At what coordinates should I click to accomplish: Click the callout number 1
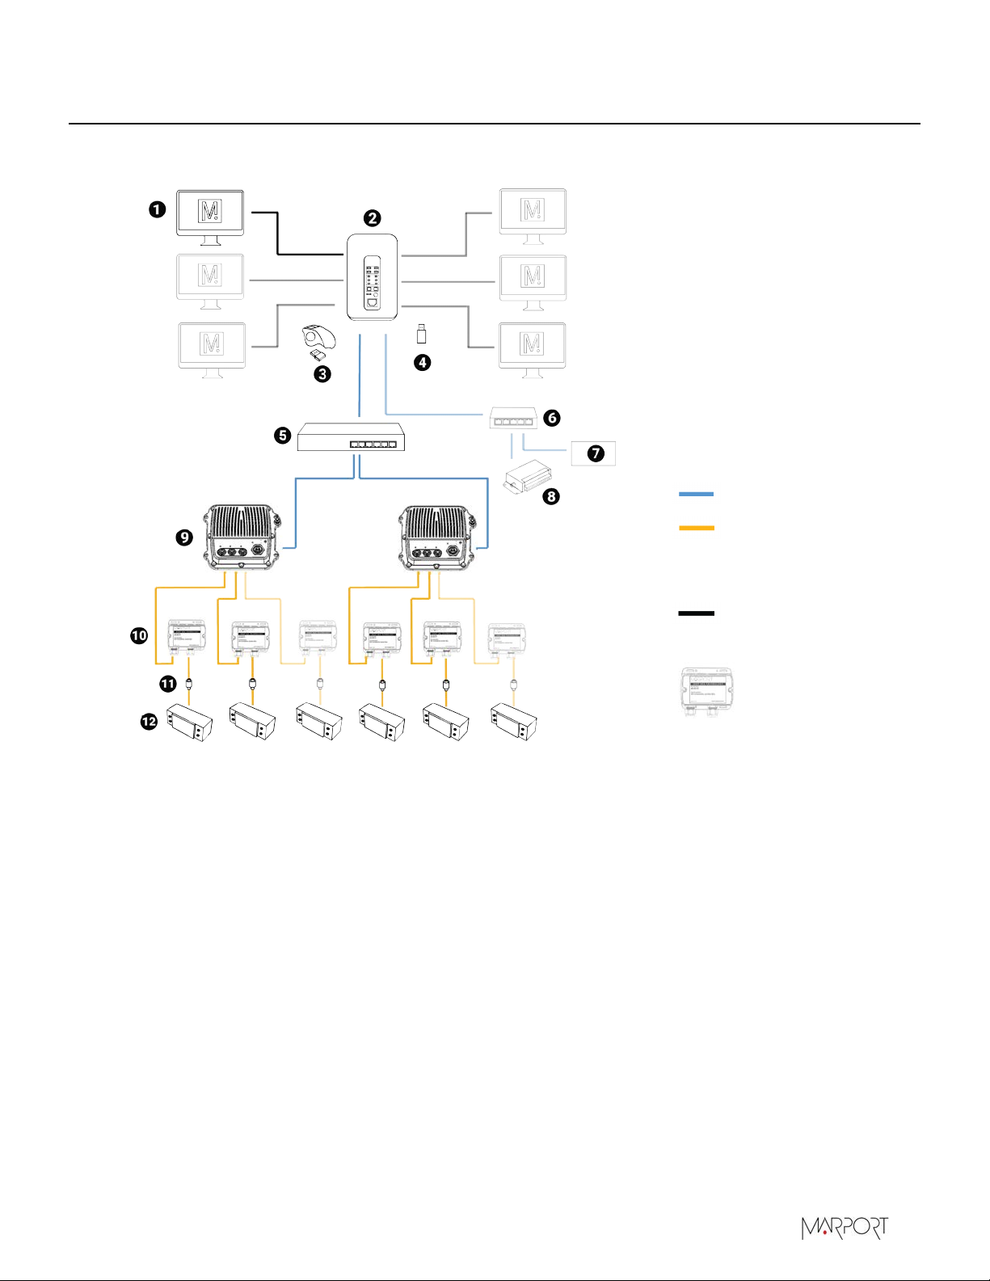click(157, 209)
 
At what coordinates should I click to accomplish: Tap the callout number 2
click(372, 217)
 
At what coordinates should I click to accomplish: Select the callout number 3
click(322, 373)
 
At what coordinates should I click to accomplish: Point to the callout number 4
click(422, 362)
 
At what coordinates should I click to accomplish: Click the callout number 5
click(282, 436)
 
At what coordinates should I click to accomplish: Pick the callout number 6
click(552, 417)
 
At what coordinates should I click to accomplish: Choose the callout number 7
click(596, 453)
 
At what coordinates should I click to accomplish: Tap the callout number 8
click(551, 496)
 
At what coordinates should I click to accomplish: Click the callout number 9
click(185, 537)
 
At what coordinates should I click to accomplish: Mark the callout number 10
click(139, 635)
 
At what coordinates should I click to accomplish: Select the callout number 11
click(167, 684)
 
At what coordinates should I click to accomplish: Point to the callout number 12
click(149, 722)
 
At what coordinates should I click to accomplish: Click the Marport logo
click(844, 1228)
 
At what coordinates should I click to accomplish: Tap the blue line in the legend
click(696, 493)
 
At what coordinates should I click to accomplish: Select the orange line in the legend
click(696, 528)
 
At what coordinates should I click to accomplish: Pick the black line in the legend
click(696, 613)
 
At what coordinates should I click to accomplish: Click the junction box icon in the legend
click(706, 690)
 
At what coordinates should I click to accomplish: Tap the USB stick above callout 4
click(421, 333)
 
